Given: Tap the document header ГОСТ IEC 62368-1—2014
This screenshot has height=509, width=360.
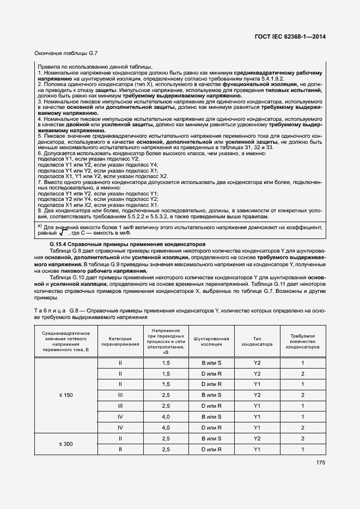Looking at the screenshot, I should click(x=294, y=38).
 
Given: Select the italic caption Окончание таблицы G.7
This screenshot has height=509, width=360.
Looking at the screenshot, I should click(x=58, y=53).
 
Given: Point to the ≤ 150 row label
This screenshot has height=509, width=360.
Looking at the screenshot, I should click(x=66, y=395).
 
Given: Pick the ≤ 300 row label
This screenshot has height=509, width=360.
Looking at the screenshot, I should click(x=66, y=444).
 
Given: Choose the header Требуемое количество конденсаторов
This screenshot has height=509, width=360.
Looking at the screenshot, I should click(x=302, y=341).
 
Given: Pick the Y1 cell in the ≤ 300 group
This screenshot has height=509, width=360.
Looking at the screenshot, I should click(x=257, y=450).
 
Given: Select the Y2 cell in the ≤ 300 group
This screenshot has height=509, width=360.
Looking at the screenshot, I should click(x=257, y=438).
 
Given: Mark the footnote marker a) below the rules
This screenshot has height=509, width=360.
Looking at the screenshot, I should click(x=39, y=225).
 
